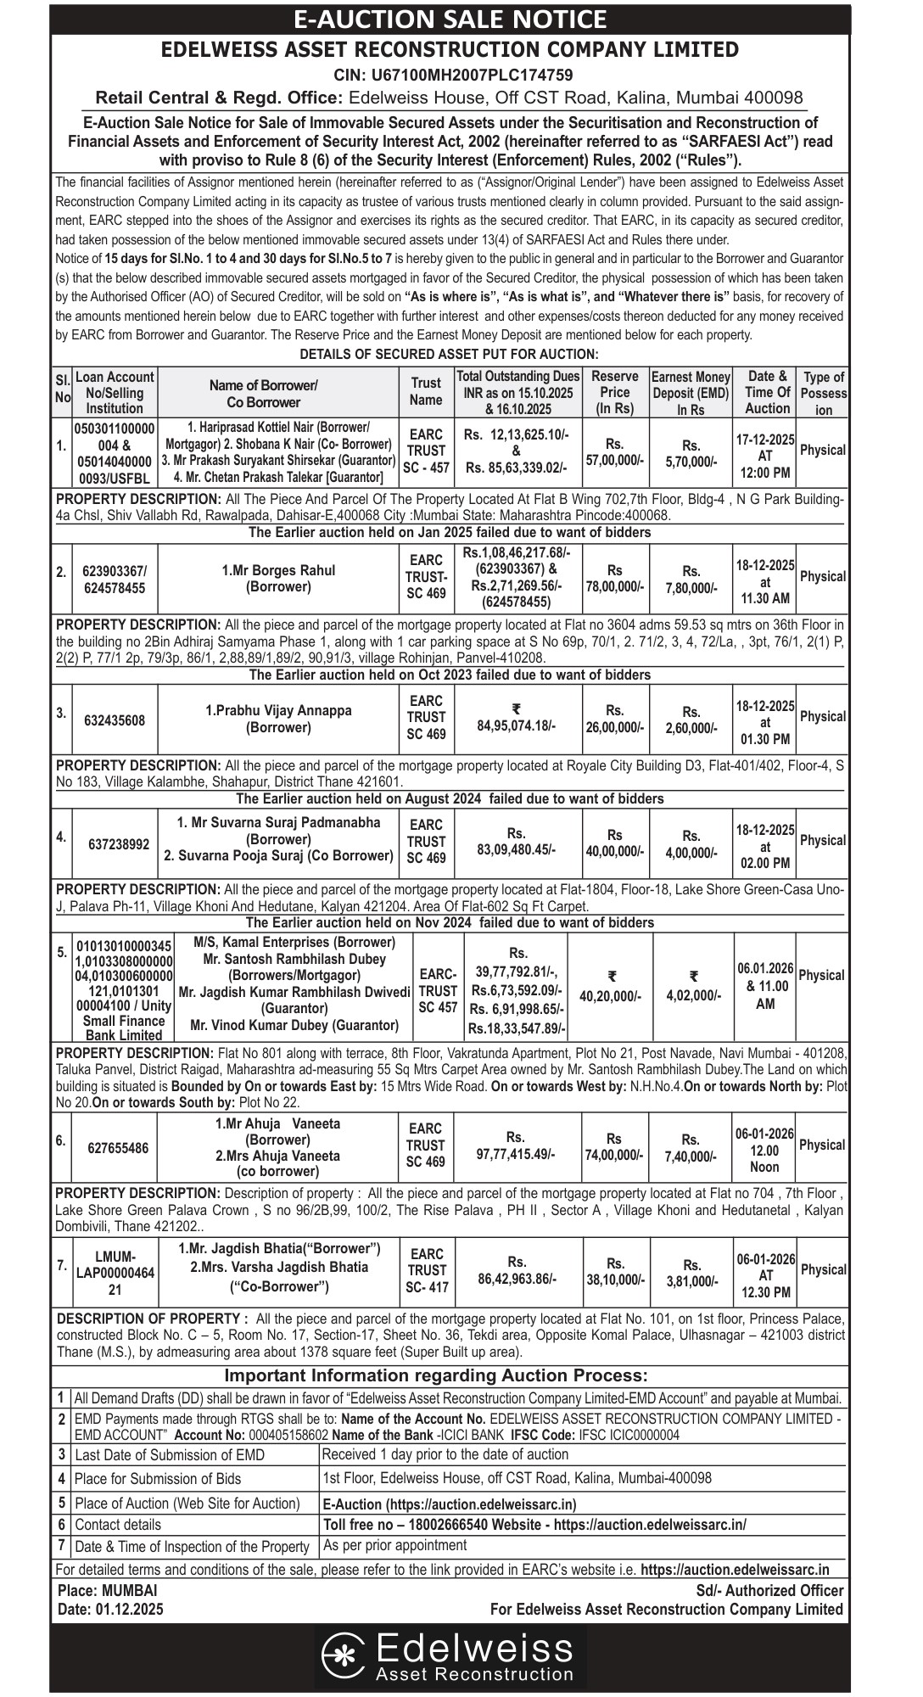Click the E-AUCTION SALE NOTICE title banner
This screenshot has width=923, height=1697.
point(461,19)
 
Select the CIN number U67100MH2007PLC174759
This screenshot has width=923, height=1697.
point(461,75)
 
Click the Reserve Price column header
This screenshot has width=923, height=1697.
point(614,392)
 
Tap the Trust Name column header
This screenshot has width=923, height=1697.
point(426,392)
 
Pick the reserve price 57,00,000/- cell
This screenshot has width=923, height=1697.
point(614,451)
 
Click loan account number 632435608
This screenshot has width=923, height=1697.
point(115,720)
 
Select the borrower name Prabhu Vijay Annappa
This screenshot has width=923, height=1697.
point(278,711)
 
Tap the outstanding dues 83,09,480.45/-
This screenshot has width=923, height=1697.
point(517,848)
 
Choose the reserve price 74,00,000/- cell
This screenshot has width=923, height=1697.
point(614,1155)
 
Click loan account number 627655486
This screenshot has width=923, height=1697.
point(118,1148)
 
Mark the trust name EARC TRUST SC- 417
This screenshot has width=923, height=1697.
point(426,1270)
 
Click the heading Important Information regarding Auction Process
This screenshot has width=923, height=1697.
point(435,1375)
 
